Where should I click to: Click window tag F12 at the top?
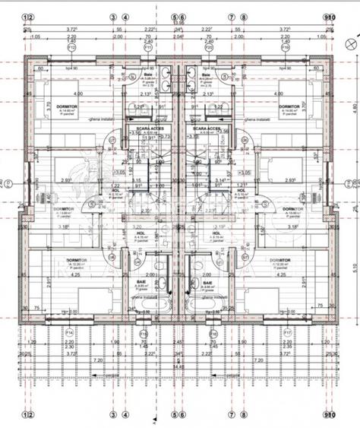coord(71,46)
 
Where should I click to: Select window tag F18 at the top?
coord(285,46)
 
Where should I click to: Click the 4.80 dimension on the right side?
coord(354,106)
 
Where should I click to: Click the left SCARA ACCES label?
coord(150,129)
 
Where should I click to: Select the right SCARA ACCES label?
coord(207,129)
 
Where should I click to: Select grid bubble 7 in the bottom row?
coord(232,416)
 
